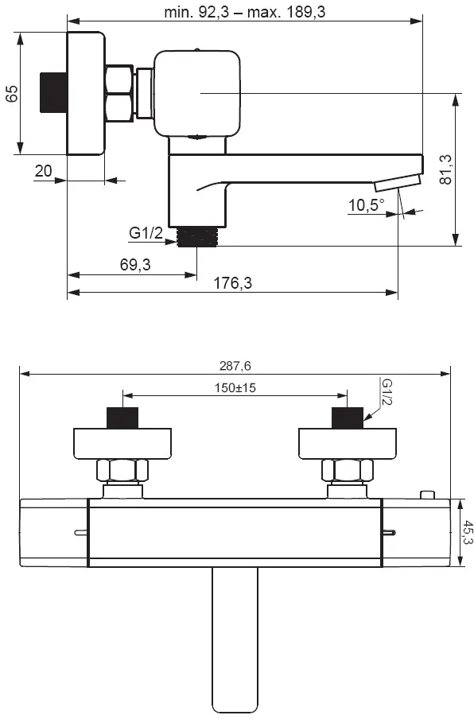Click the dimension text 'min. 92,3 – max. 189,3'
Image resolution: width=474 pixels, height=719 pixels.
point(245,11)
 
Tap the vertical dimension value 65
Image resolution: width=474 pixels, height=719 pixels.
point(13,94)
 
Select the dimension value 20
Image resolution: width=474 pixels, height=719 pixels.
point(44,171)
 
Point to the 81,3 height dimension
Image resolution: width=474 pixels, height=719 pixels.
point(445,169)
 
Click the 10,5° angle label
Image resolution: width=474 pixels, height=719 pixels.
point(367,204)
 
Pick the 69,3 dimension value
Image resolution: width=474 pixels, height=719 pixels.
point(135,264)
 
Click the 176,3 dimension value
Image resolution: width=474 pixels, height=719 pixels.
point(233,282)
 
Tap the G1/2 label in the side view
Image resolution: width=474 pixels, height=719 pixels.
point(146,233)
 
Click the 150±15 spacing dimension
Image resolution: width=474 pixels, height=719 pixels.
point(235,388)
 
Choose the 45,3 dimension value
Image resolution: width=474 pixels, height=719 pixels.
point(468,532)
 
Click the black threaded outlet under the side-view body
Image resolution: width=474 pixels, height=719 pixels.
point(196,236)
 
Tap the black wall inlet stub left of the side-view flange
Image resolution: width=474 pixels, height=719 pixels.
point(53,92)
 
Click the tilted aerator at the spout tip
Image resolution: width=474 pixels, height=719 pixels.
point(398,182)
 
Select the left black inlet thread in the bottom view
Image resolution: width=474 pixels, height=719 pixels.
point(122,418)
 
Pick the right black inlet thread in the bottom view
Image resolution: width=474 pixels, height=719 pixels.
point(347,418)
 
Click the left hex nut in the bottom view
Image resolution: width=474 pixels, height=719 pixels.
point(122,471)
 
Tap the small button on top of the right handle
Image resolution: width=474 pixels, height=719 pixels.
point(427,495)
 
